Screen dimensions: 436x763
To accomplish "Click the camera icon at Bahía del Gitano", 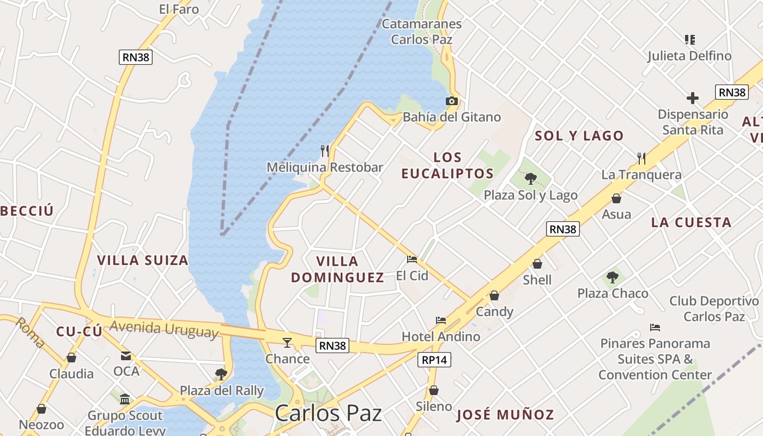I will pos(451,101).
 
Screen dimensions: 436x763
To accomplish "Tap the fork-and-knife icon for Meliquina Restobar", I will pos(325,150).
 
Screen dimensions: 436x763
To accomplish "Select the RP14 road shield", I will pos(434,360).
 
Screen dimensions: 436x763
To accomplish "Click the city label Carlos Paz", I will pos(328,413).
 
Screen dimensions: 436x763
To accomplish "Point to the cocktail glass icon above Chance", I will pos(287,342).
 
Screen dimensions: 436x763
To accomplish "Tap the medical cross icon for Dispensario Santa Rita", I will pos(693,98).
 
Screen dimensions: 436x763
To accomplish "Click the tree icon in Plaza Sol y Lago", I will pos(530,178).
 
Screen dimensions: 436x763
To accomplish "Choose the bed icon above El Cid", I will pos(412,259).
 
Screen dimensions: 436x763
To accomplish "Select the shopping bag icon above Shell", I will pos(537,264).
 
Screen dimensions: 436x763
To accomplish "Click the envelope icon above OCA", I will pos(126,356).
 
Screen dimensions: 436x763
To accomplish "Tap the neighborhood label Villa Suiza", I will pos(143,260).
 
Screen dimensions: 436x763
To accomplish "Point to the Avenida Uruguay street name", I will pos(164,329).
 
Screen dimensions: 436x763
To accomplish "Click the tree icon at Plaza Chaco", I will pos(613,277).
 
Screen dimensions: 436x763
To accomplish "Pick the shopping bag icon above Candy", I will pos(494,295).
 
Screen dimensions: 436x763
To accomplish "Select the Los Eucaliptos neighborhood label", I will pos(447,166).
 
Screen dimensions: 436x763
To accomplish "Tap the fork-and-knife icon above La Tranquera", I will pos(641,159).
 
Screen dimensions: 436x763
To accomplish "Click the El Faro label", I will pos(179,9).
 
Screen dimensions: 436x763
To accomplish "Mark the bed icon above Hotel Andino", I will pos(441,320).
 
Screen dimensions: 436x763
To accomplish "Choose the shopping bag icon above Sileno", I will pos(434,390).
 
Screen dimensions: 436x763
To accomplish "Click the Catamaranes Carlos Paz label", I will pos(422,32).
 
